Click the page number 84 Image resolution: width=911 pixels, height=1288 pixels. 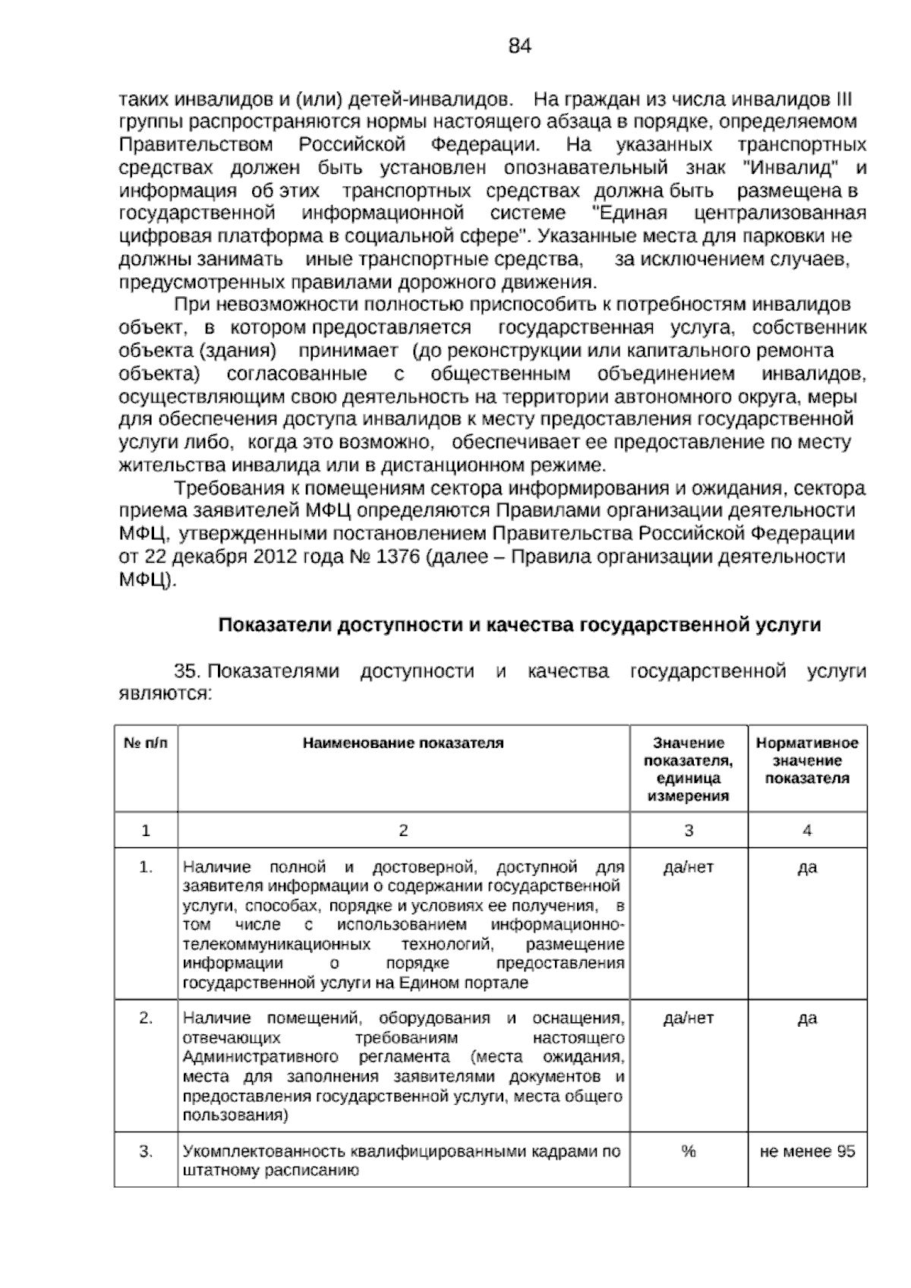tap(519, 46)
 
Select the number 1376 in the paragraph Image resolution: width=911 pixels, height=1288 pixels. tap(398, 557)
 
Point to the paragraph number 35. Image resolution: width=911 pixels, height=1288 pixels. tap(186, 671)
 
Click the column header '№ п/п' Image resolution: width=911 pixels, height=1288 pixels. tap(146, 743)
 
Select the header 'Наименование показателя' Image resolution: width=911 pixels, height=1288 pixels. tap(403, 743)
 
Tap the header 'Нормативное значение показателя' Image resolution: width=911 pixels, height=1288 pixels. tap(807, 760)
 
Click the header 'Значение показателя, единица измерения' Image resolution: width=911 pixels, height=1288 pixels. tap(689, 769)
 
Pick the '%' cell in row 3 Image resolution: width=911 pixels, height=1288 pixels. tap(689, 1152)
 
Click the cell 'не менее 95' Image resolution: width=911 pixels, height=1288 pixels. tap(807, 1152)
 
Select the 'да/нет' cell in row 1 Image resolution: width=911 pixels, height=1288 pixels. tap(689, 867)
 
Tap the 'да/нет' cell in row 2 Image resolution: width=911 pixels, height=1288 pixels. tap(689, 1018)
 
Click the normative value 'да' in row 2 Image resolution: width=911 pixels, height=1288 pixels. tap(807, 1018)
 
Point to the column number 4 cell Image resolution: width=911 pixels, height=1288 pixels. tap(807, 831)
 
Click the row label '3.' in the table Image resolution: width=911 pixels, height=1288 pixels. tap(146, 1152)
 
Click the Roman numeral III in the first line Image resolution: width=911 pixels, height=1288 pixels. tap(843, 99)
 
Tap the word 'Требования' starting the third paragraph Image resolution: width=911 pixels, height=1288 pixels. tap(220, 488)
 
